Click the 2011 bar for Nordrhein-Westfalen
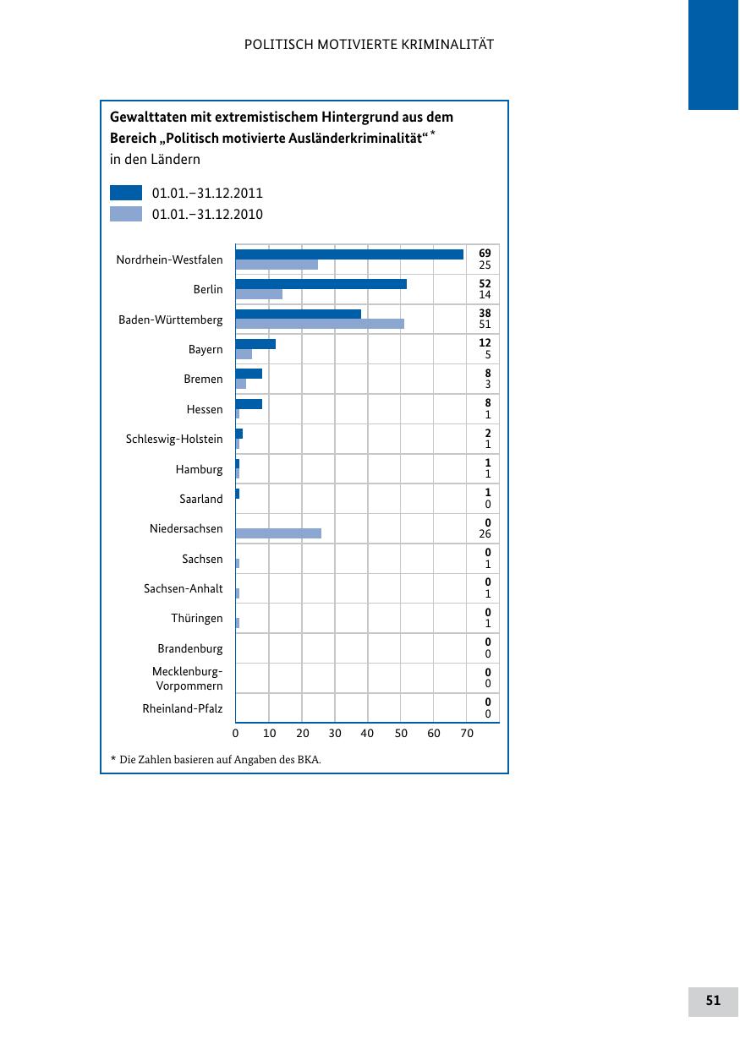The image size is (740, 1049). pos(349,254)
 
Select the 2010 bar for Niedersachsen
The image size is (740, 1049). pos(278,533)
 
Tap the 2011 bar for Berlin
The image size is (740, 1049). pos(321,284)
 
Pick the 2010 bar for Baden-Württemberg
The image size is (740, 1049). pos(320,324)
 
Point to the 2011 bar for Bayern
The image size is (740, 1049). pos(255,344)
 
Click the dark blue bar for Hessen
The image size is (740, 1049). pos(249,404)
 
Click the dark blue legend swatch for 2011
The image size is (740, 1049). pos(126,193)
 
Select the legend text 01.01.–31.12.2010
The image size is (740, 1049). pos(207,215)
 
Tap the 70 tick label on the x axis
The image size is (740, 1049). pos(467,734)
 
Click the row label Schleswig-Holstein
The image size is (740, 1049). pos(174,440)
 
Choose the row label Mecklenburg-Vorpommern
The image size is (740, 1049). pos(188,679)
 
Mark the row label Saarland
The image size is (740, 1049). pos(201,500)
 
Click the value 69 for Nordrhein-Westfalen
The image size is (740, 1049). pos(485,253)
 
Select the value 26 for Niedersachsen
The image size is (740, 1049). pos(485,534)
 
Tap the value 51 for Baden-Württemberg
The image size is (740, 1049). pos(485,325)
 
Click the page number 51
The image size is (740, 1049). pos(713,1001)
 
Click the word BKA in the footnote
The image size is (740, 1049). pos(309,760)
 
